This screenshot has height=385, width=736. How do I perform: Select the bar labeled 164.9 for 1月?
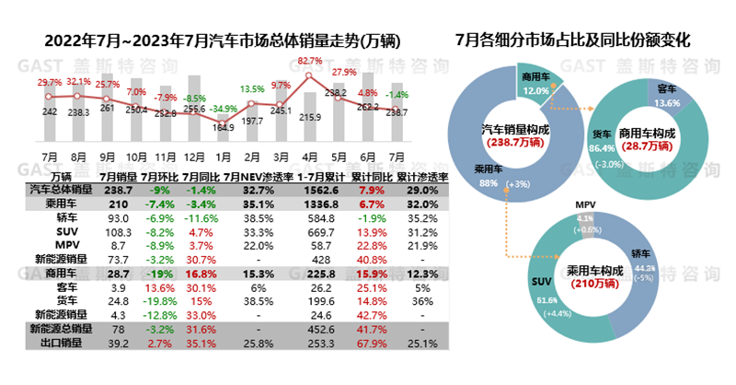click(x=223, y=137)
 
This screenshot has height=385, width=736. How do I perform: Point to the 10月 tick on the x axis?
click(x=136, y=156)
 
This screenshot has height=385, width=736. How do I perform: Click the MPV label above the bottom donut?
click(x=585, y=203)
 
